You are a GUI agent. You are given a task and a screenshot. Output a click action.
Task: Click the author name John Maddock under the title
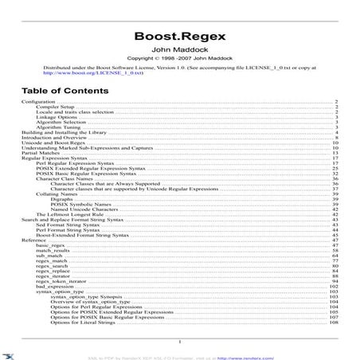180,49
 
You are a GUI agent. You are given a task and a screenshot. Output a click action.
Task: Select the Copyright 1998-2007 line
180,58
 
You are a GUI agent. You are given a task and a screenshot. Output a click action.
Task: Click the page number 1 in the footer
180,340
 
